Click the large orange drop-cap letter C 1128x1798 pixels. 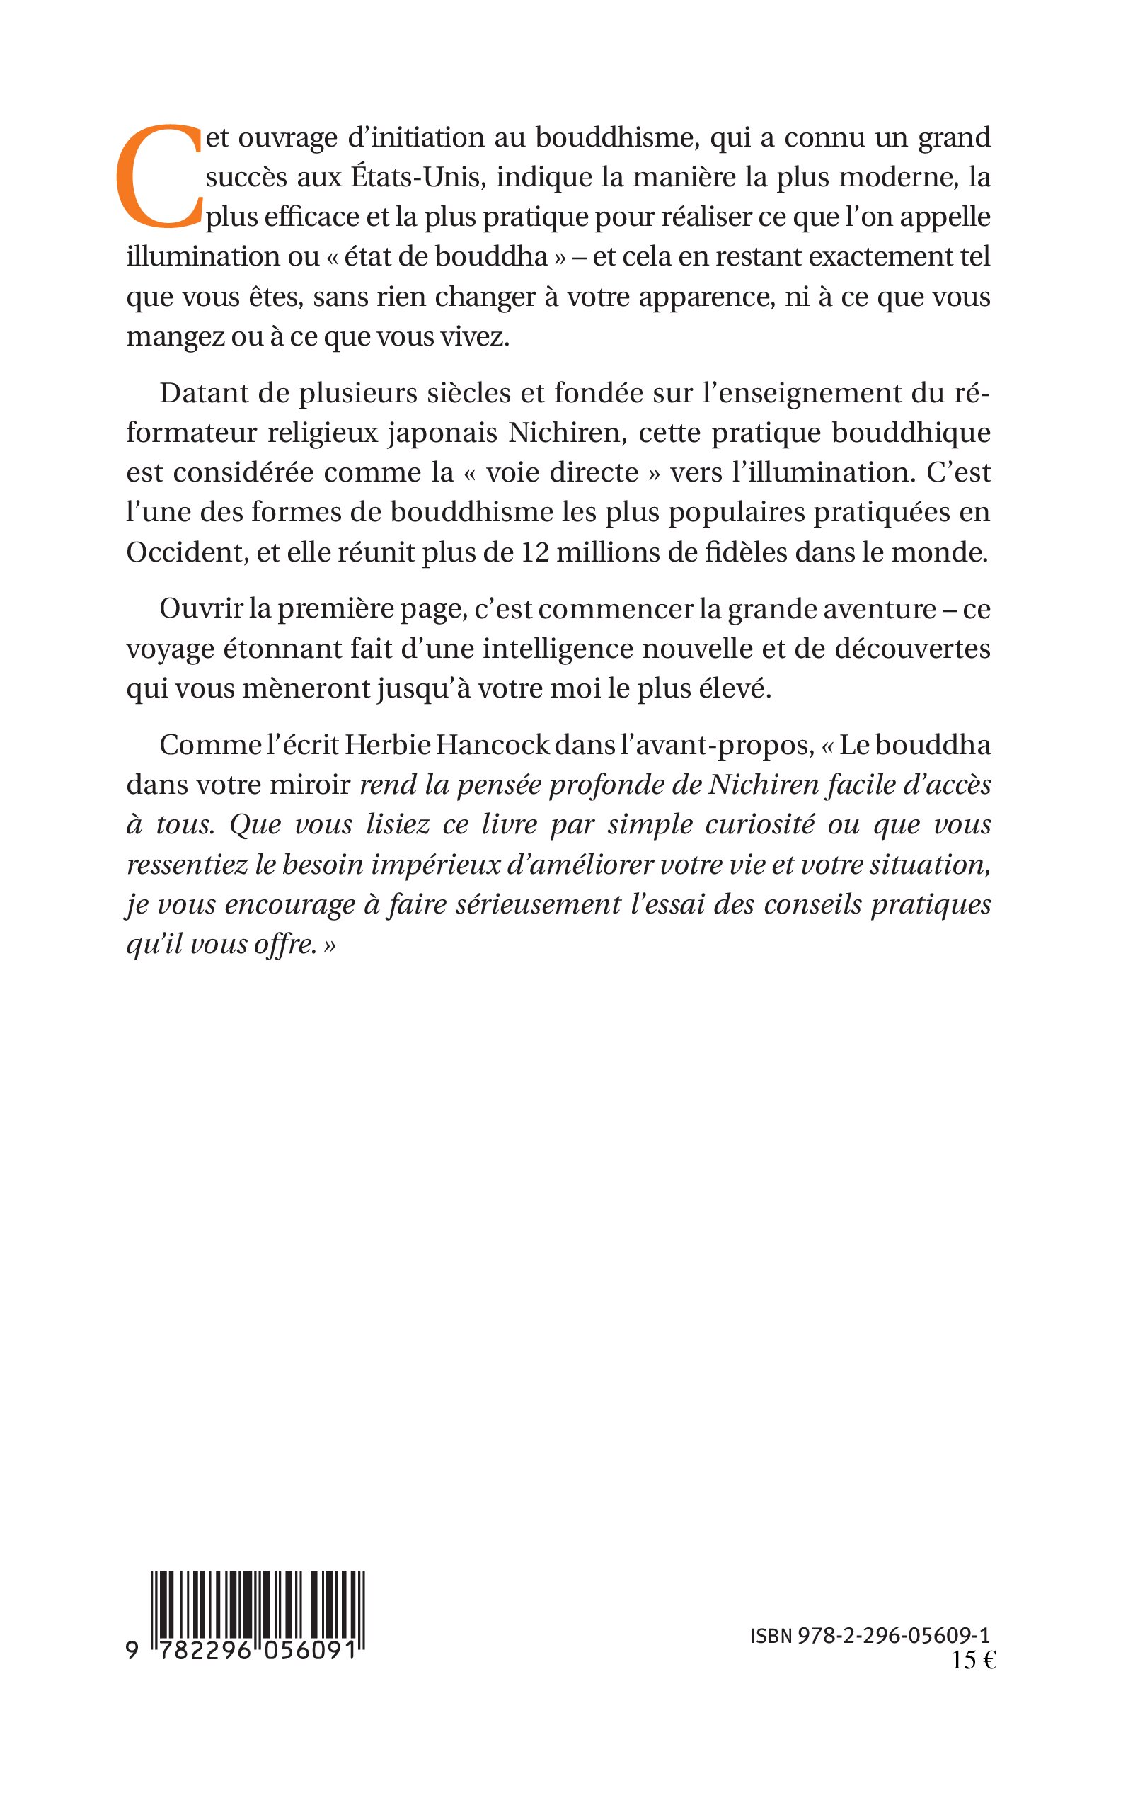159,176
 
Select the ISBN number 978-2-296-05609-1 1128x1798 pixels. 894,1636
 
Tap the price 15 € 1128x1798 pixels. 974,1661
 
